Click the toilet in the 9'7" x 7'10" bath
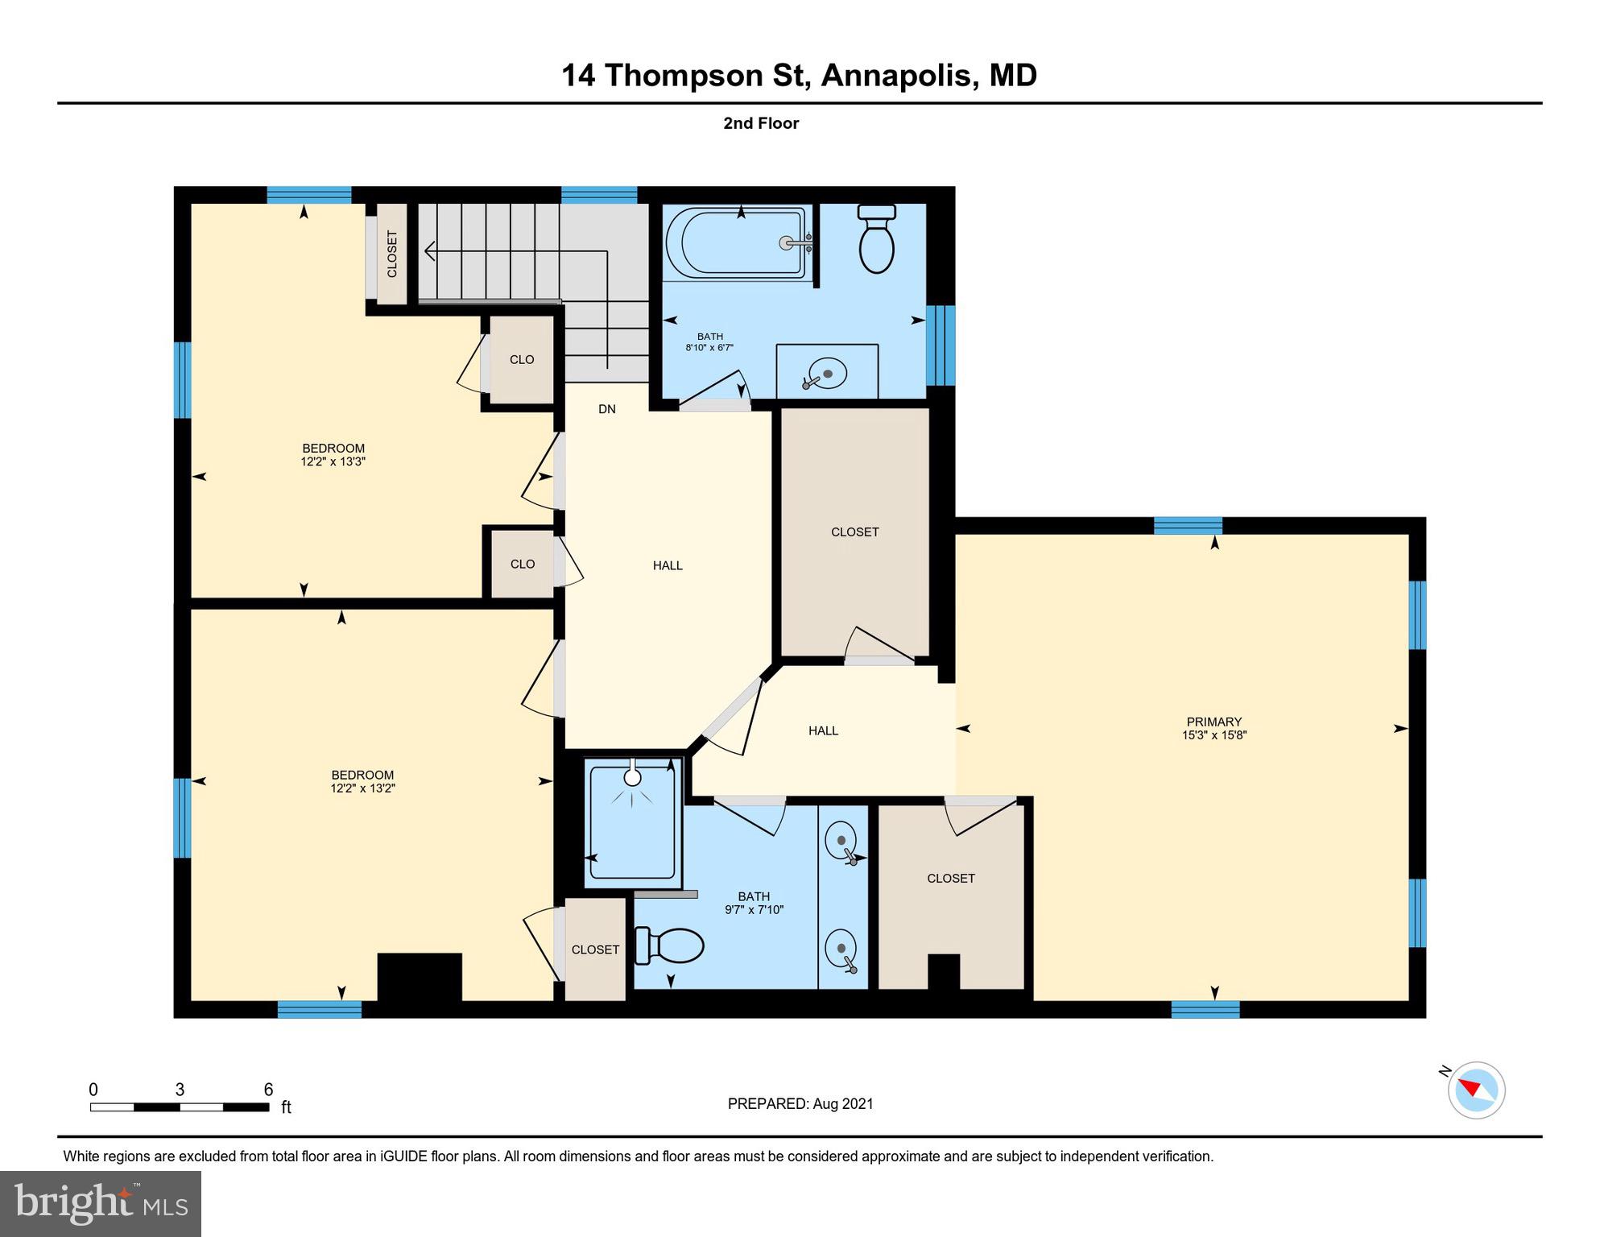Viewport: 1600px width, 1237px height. [670, 946]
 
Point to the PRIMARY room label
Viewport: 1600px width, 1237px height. [1213, 722]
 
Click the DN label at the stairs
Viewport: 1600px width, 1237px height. [607, 409]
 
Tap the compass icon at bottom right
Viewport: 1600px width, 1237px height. [1476, 1090]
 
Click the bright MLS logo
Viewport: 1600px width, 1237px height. [101, 1203]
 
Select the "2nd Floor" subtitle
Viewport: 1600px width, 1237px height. [760, 123]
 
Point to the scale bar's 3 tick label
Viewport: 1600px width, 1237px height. [180, 1090]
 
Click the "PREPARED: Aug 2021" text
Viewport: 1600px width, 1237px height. [800, 1104]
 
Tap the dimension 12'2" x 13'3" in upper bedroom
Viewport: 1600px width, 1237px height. [333, 462]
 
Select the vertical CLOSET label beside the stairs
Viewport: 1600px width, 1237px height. [392, 254]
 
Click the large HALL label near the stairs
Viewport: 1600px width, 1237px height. [667, 565]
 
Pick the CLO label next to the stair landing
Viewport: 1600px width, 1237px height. [522, 359]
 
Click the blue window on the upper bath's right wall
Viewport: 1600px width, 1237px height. [941, 345]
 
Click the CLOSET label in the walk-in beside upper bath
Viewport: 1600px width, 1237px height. [854, 532]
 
